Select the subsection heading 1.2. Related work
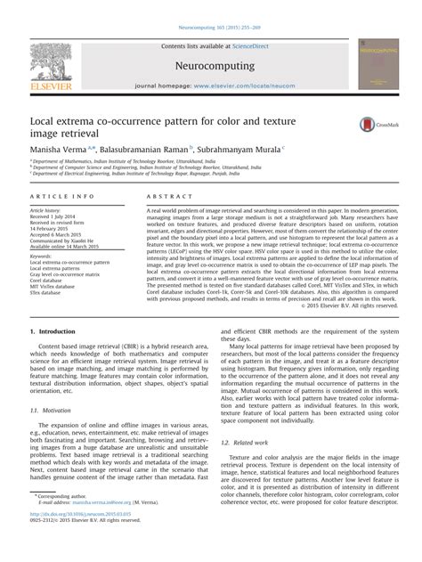tap(243, 442)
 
